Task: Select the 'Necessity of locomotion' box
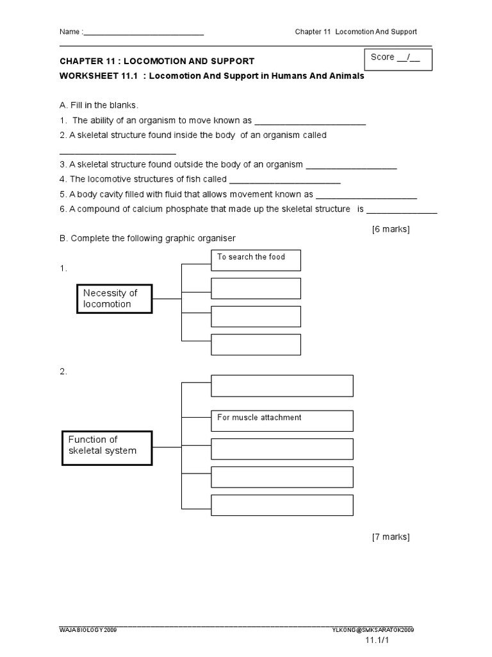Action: tap(115, 298)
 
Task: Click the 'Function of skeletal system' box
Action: tap(107, 445)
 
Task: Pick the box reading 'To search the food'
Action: tap(256, 260)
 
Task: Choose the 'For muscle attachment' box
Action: tap(282, 420)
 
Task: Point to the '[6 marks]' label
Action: tap(391, 229)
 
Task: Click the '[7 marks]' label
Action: tap(391, 536)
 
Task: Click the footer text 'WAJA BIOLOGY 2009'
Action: tap(88, 631)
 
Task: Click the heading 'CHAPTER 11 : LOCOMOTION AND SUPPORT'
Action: tap(157, 61)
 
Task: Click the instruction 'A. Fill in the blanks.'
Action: tap(99, 105)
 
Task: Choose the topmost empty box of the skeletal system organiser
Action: tap(282, 386)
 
